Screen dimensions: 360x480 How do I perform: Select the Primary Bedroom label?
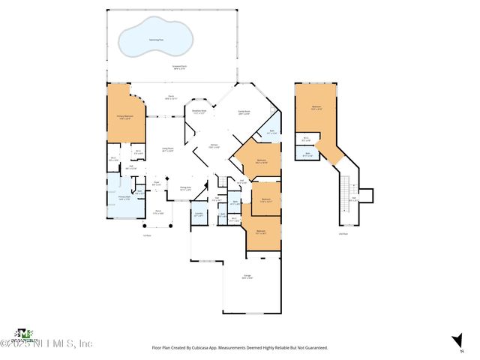coord(124,116)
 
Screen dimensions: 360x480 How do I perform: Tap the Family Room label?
coord(244,112)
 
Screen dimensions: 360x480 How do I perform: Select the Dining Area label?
coord(185,188)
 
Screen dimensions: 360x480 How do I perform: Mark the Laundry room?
coord(199,214)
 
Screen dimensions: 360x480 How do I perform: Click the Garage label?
coord(247,278)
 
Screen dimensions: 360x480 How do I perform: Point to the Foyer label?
coord(157,183)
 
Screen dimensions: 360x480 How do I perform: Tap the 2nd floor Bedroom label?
coord(316,107)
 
